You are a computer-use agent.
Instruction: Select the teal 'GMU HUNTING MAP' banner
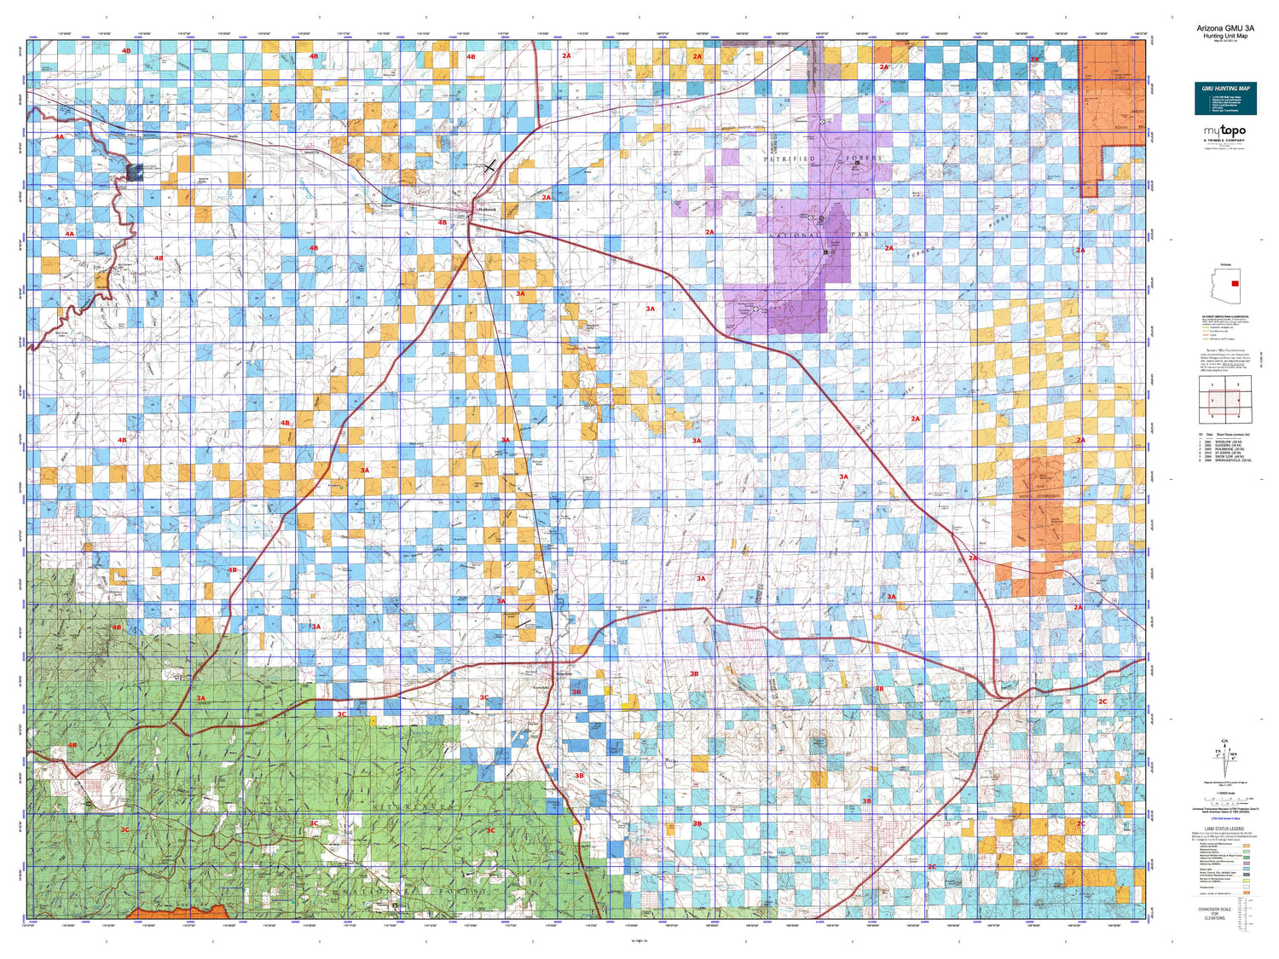[x=1225, y=89]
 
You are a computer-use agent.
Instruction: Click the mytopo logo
[x=1224, y=131]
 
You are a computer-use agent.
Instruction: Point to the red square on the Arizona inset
[x=1235, y=284]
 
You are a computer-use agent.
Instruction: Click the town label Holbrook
[x=486, y=210]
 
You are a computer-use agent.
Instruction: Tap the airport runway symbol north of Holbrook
[x=489, y=167]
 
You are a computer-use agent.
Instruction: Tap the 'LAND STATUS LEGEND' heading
[x=1224, y=829]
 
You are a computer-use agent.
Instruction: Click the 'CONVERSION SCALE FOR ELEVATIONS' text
[x=1224, y=913]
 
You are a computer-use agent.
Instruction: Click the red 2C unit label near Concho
[x=1102, y=702]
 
